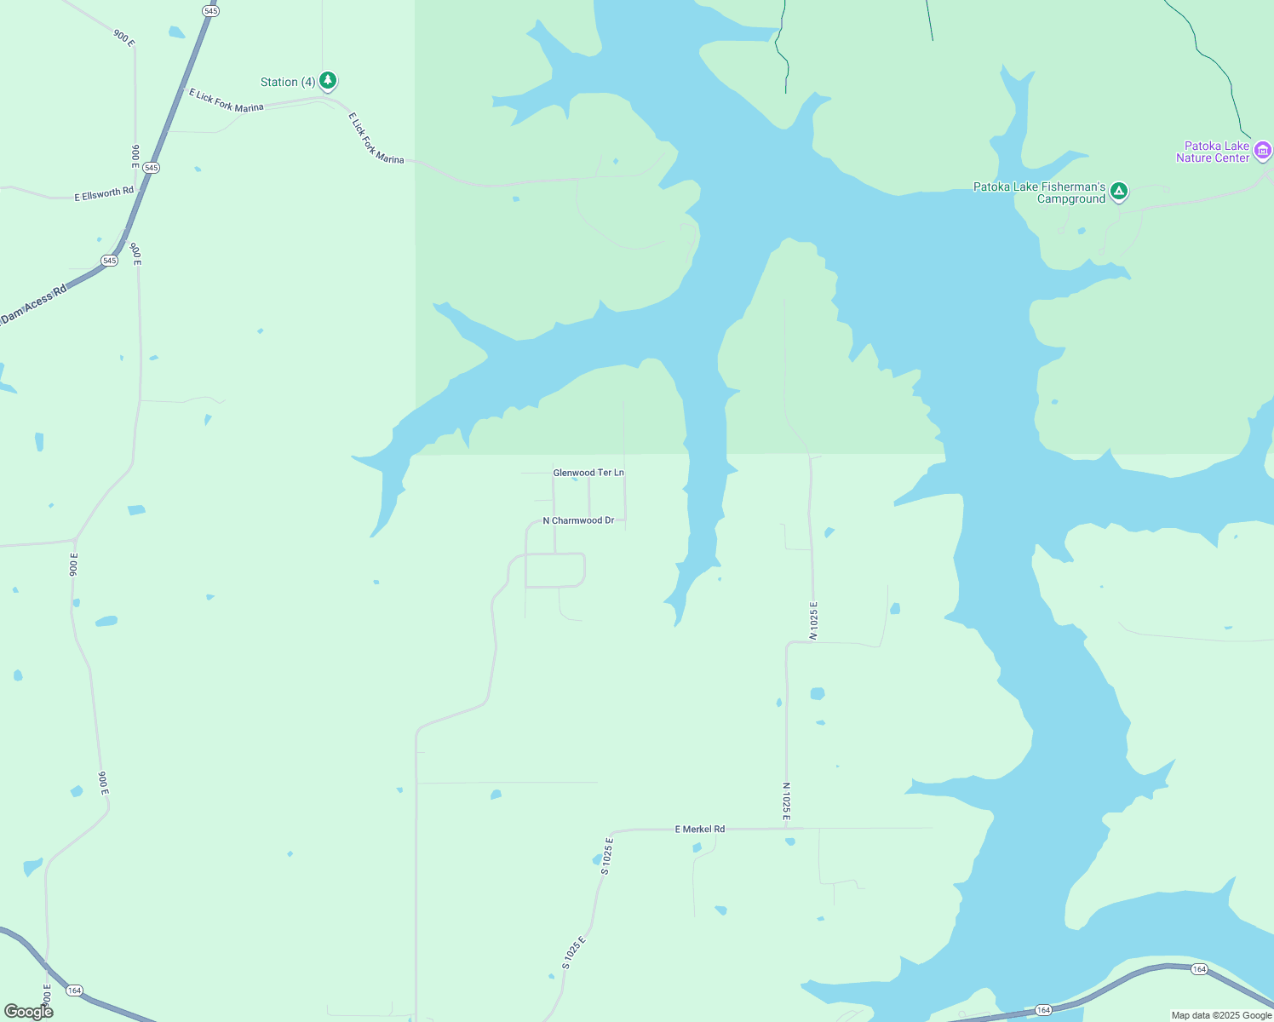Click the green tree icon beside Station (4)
(x=328, y=81)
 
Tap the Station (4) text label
(x=288, y=82)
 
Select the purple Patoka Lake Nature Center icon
(x=1263, y=151)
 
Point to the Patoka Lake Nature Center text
(x=1213, y=152)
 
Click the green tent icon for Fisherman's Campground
(x=1119, y=192)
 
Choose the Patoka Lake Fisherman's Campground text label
(x=1040, y=192)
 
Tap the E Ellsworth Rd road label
(x=104, y=193)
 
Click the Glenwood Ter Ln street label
(x=588, y=473)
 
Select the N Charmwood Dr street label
(x=578, y=520)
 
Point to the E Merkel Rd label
(x=700, y=829)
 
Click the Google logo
(x=29, y=1012)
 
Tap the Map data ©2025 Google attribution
(x=1221, y=1015)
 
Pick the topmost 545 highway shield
(x=210, y=11)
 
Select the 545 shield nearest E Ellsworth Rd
(x=151, y=168)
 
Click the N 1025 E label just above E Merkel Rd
(x=787, y=801)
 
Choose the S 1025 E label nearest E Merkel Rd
(x=607, y=856)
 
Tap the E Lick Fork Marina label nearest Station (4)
(x=227, y=100)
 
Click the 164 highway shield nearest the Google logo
(x=75, y=990)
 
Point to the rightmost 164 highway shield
(x=1199, y=969)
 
